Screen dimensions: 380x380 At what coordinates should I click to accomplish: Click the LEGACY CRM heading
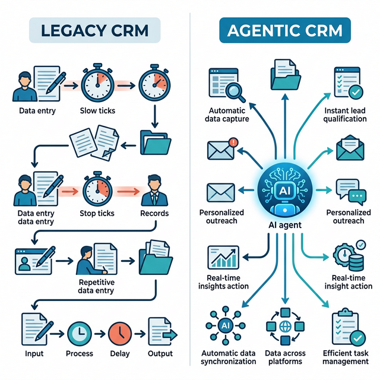(x=94, y=30)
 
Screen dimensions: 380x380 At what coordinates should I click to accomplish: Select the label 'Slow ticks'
(x=97, y=111)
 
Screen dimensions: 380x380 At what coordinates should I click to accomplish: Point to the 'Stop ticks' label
(x=97, y=213)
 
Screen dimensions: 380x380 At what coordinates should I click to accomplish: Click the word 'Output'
(x=159, y=353)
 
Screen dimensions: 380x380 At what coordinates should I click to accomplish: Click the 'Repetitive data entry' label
(x=97, y=286)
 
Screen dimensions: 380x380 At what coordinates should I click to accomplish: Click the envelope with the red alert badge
(x=221, y=149)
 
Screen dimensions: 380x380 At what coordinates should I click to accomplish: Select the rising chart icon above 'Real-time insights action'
(x=221, y=257)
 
